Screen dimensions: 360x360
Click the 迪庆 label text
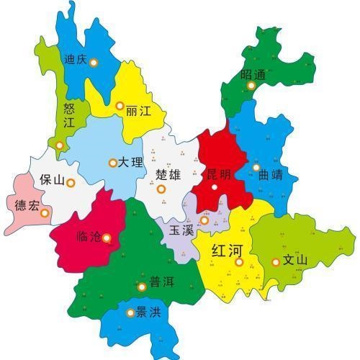pyautogui.click(x=76, y=60)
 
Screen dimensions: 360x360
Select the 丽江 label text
pyautogui.click(x=138, y=112)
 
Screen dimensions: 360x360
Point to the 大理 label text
pyautogui.click(x=130, y=163)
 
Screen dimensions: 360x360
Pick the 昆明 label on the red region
pyautogui.click(x=219, y=174)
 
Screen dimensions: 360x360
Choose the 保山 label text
pyautogui.click(x=52, y=179)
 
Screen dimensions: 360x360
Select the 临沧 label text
pyautogui.click(x=89, y=235)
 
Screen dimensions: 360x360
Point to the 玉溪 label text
pyautogui.click(x=181, y=230)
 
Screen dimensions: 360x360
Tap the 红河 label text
pyautogui.click(x=227, y=251)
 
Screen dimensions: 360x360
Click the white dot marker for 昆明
pyautogui.click(x=215, y=188)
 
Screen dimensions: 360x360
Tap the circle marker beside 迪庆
pyautogui.click(x=94, y=61)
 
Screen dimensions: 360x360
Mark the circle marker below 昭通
pyautogui.click(x=251, y=86)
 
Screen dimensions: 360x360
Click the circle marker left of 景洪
pyautogui.click(x=130, y=312)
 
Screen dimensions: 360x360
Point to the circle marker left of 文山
pyautogui.click(x=275, y=261)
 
